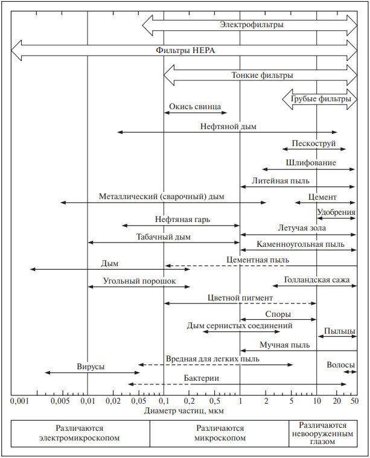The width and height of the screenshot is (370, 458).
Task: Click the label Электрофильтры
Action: pos(252,25)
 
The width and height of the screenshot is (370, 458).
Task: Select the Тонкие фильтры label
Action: pos(263,75)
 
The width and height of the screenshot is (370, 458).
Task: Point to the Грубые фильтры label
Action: pos(321,98)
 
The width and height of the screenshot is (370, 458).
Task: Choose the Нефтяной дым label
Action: pos(229,126)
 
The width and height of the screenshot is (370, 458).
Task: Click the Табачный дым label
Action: pos(163,237)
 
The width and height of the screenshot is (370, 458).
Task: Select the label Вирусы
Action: pos(90,366)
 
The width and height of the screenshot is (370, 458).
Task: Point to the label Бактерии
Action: pos(202,378)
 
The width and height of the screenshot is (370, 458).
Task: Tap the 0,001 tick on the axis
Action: pos(20,401)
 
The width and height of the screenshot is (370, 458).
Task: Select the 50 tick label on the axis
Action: pos(353,401)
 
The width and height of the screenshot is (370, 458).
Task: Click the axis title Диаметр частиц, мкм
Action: pos(185,410)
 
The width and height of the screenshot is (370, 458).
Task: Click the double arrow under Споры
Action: pos(278,320)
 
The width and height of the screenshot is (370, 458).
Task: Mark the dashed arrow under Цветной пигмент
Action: pos(240,304)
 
